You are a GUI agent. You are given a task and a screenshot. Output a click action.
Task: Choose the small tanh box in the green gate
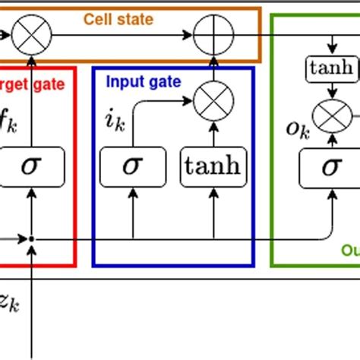click(x=330, y=68)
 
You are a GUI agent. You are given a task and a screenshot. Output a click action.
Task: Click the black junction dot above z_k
click(x=31, y=239)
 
